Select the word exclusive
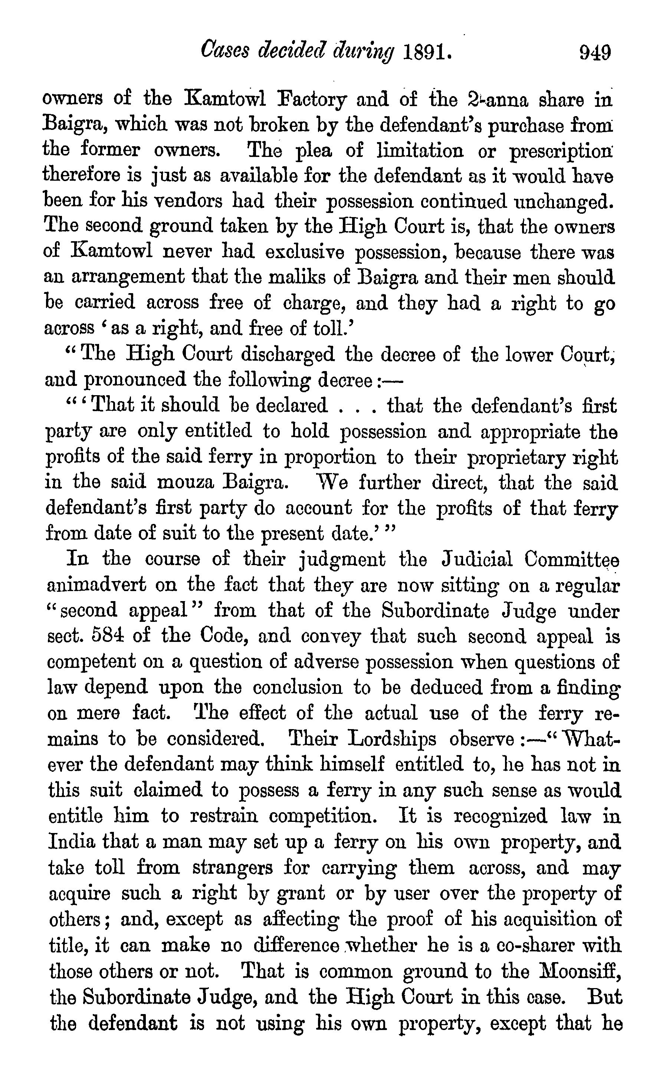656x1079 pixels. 304,252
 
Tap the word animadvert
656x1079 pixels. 96,585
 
